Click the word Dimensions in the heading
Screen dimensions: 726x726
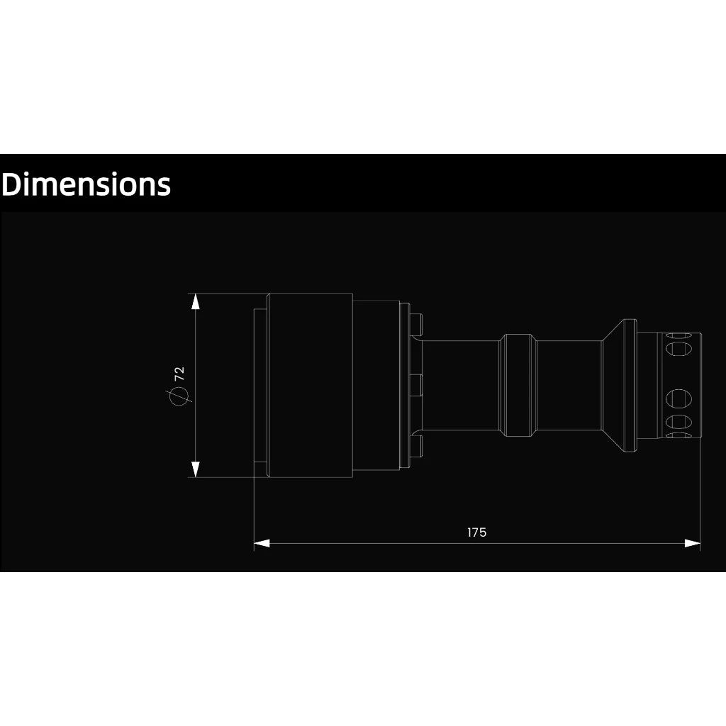pos(86,184)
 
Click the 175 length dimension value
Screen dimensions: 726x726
pos(477,532)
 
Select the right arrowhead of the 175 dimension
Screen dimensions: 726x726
pos(693,543)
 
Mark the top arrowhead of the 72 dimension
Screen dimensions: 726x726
pos(196,301)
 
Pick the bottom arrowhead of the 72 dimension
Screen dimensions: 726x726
pos(196,469)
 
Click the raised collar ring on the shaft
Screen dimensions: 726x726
pos(520,384)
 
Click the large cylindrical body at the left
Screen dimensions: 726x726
pos(310,385)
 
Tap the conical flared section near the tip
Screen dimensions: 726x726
pos(619,385)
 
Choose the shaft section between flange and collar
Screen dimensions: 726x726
pos(461,385)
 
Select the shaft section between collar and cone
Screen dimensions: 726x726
pos(569,385)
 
